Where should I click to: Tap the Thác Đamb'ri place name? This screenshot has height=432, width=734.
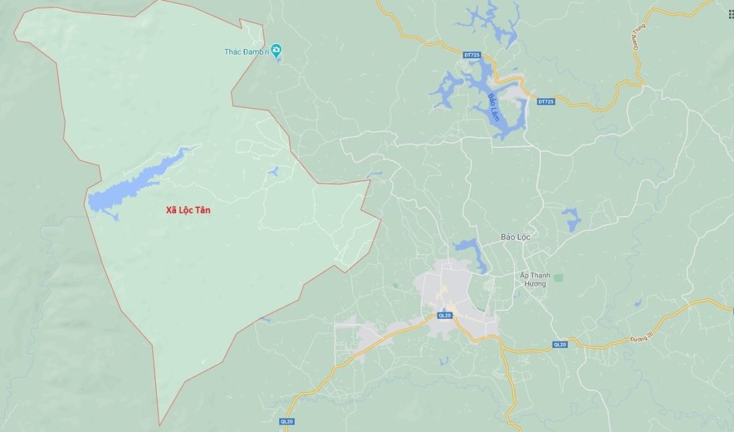tap(247, 52)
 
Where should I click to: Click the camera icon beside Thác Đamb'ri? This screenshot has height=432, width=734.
tap(277, 50)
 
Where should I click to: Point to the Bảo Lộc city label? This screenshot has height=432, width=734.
tap(516, 237)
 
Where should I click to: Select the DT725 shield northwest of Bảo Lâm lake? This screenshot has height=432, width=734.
tap(473, 54)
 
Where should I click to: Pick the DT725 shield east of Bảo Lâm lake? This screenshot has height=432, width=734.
tap(546, 102)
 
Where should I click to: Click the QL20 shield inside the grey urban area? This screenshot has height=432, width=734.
tap(445, 316)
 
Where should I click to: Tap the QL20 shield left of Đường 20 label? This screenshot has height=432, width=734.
tap(560, 344)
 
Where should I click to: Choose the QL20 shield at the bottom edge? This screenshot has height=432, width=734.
tap(287, 421)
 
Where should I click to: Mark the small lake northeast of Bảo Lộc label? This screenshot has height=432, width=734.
tap(571, 219)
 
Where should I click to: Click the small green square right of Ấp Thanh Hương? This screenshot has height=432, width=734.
tap(558, 278)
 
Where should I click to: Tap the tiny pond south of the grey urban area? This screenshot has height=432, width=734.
tap(443, 361)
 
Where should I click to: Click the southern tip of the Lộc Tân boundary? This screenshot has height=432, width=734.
tap(159, 424)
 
